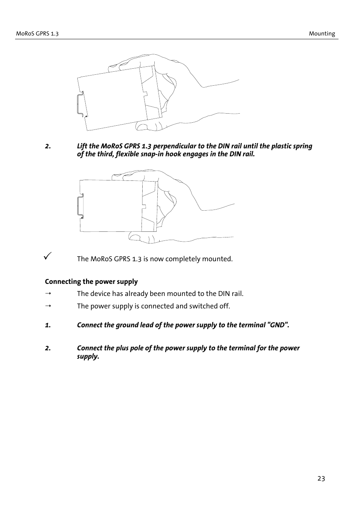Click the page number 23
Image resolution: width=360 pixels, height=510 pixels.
pos(321,479)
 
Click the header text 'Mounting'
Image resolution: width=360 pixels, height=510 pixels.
pos(322,34)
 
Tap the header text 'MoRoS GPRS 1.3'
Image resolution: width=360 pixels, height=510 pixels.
pos(37,34)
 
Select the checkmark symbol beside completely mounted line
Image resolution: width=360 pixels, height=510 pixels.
pos(47,256)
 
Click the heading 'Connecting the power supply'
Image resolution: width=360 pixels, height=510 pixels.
pos(91,282)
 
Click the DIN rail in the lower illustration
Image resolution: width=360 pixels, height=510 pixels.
pos(80,206)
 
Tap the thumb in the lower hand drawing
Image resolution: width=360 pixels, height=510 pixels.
pos(142,237)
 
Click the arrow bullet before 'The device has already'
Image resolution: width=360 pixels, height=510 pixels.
pos(48,294)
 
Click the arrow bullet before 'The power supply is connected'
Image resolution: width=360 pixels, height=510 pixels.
pos(48,306)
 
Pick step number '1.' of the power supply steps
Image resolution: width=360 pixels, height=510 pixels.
pos(48,325)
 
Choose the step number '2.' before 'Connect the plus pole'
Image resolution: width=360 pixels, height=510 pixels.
pos(48,348)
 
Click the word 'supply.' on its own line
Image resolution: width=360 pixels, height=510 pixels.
pos(88,356)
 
